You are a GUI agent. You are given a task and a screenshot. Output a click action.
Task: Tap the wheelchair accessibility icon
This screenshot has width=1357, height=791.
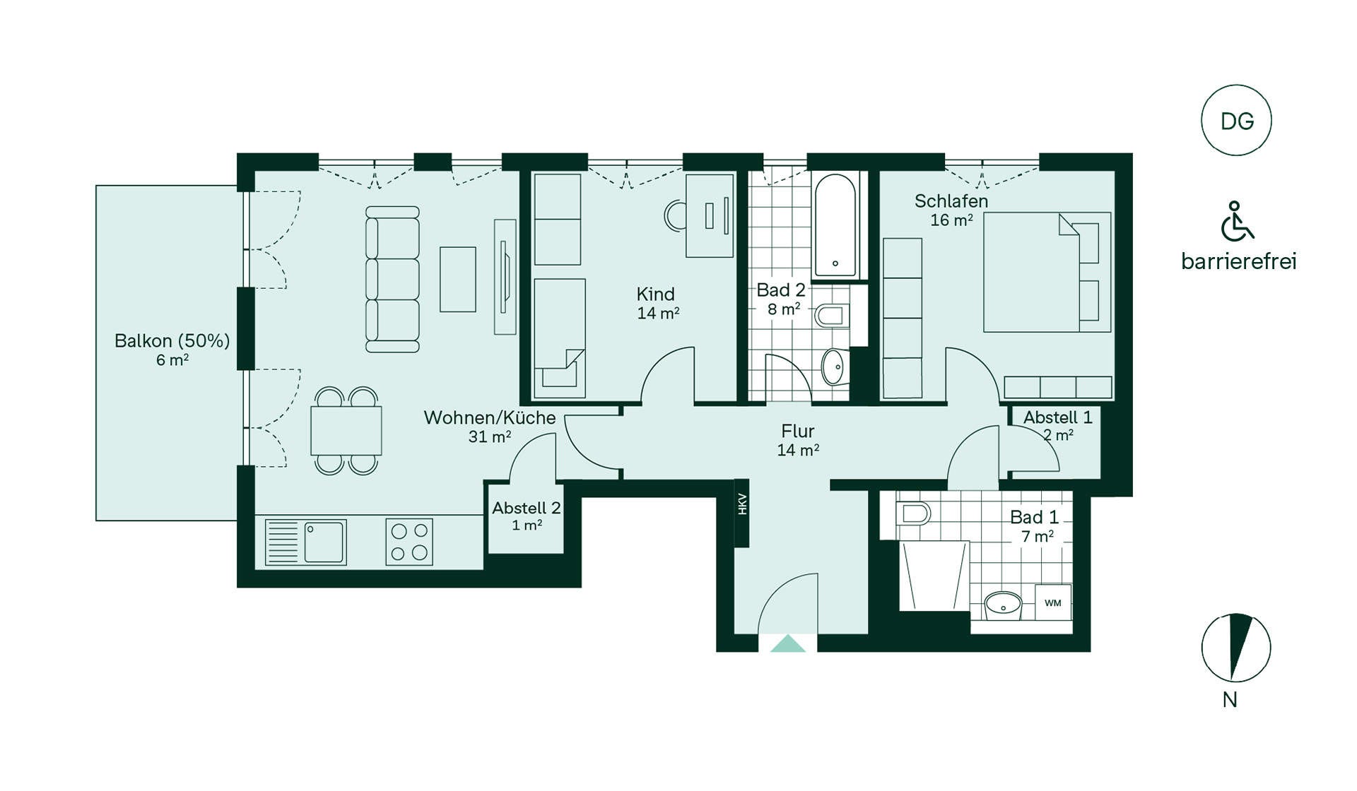(1237, 221)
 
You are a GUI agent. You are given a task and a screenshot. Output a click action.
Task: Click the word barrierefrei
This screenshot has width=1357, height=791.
(1238, 261)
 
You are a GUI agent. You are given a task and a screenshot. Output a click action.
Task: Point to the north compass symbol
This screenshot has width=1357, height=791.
(1236, 648)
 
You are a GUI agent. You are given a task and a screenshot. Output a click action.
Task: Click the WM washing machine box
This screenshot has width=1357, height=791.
(1053, 602)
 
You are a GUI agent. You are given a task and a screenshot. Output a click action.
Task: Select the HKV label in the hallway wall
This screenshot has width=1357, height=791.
(742, 504)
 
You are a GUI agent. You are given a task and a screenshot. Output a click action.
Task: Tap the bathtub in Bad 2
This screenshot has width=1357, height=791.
(835, 225)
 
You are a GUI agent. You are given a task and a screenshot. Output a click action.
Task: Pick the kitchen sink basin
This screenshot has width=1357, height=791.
(324, 542)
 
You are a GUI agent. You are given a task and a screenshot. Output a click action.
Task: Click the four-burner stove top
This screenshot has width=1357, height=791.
(409, 542)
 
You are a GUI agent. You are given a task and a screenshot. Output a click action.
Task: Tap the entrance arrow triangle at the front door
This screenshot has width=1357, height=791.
(788, 643)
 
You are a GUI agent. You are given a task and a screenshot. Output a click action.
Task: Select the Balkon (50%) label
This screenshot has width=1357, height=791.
(172, 340)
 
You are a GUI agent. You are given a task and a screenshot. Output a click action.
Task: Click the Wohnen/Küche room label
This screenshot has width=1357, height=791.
(490, 417)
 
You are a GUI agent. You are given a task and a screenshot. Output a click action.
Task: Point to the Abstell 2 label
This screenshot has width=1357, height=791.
(527, 508)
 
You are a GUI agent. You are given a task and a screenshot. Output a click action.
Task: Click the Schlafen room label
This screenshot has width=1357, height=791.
(951, 201)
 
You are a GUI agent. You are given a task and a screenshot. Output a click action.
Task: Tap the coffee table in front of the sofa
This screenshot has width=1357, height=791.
(458, 279)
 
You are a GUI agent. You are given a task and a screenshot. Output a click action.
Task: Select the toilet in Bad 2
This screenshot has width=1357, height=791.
(831, 315)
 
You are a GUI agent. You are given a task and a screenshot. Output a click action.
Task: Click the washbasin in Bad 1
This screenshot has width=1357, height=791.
(1004, 605)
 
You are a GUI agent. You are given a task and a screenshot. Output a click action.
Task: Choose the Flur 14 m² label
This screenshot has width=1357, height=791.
(798, 440)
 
